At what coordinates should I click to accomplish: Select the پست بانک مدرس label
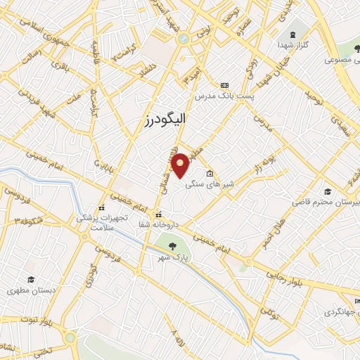[x=225, y=94]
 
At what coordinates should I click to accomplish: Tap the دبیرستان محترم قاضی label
[x=325, y=202]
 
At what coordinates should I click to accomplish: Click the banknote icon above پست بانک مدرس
[x=225, y=84]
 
